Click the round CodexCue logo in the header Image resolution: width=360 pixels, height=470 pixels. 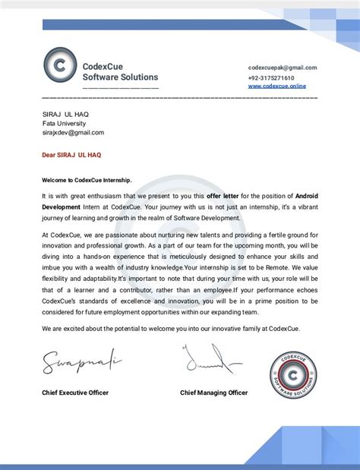[60, 67]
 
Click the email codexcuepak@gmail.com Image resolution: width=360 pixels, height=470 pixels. [282, 68]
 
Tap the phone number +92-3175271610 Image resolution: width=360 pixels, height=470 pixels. [271, 77]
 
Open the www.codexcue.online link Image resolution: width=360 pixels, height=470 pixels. [276, 87]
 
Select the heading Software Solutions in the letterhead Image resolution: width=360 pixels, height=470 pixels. [120, 77]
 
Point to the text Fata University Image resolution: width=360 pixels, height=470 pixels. [64, 123]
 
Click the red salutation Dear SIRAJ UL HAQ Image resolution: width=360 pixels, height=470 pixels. [71, 154]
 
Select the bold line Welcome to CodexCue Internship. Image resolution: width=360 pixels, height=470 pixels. [87, 180]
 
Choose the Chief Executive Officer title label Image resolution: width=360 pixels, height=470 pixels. [75, 393]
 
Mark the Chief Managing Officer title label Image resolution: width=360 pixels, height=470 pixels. [213, 393]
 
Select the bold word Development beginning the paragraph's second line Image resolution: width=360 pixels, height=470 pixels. [62, 206]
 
